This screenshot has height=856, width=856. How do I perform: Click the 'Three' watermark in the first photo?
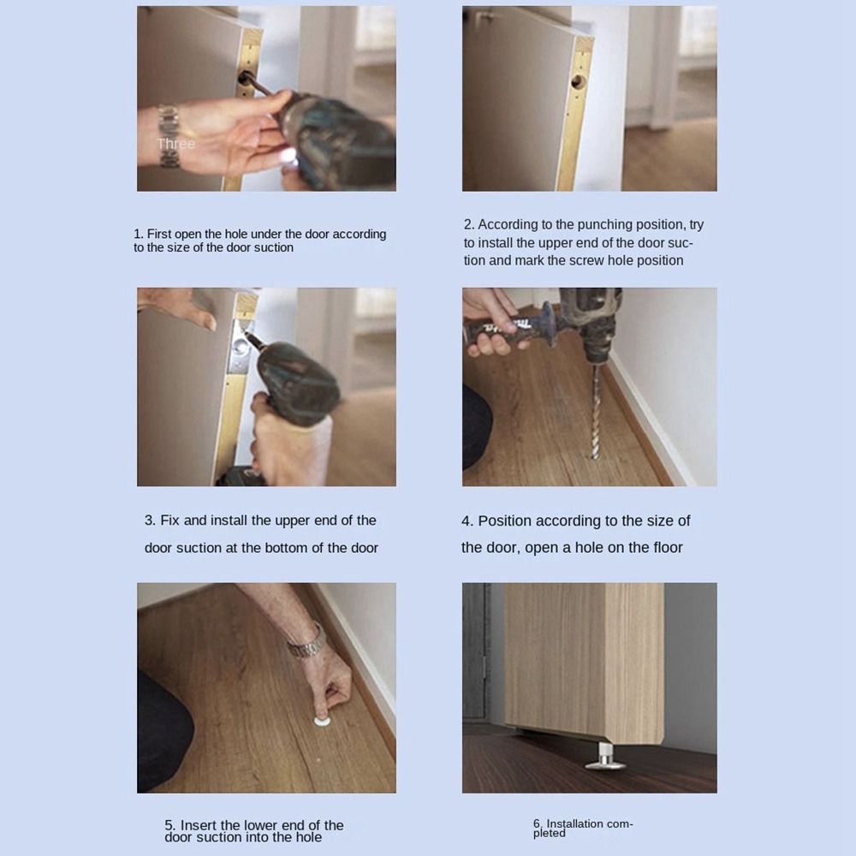pyautogui.click(x=176, y=144)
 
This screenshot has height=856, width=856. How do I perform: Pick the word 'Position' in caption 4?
pyautogui.click(x=505, y=520)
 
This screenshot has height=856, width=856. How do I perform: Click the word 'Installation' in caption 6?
pyautogui.click(x=575, y=823)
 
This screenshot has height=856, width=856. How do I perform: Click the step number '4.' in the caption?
pyautogui.click(x=467, y=520)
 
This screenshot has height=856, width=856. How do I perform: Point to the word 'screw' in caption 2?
pyautogui.click(x=587, y=260)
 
